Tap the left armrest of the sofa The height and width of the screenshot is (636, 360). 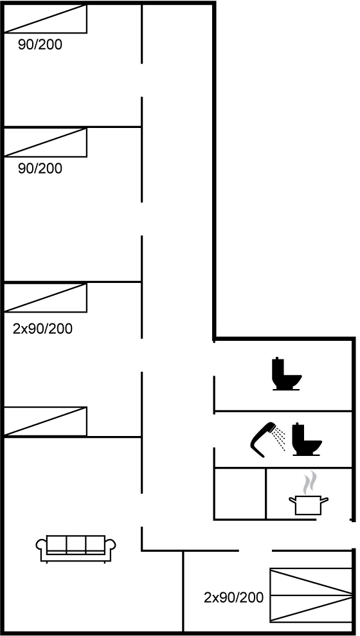tap(41, 545)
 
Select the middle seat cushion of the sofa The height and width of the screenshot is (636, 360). tap(76, 543)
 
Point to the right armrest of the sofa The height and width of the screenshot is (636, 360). tap(111, 545)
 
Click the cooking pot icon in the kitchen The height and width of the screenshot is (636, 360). tap(309, 505)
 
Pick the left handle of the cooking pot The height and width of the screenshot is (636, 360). tap(292, 501)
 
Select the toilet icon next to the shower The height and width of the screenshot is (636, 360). tap(307, 439)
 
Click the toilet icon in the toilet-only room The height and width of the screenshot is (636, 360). tap(287, 374)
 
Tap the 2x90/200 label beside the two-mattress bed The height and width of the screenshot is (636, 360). tap(233, 597)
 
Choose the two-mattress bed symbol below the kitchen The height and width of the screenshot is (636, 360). tap(311, 595)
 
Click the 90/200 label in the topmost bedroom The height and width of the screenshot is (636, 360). tap(40, 44)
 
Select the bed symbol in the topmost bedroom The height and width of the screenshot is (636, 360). tap(45, 19)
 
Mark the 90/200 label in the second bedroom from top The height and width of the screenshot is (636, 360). tap(40, 168)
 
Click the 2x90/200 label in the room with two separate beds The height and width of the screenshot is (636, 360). tap(42, 329)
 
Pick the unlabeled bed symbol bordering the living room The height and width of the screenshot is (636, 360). tap(45, 421)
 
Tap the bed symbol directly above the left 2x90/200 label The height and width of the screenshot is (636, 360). tap(45, 298)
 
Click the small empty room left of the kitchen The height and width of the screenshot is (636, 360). tap(240, 494)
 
